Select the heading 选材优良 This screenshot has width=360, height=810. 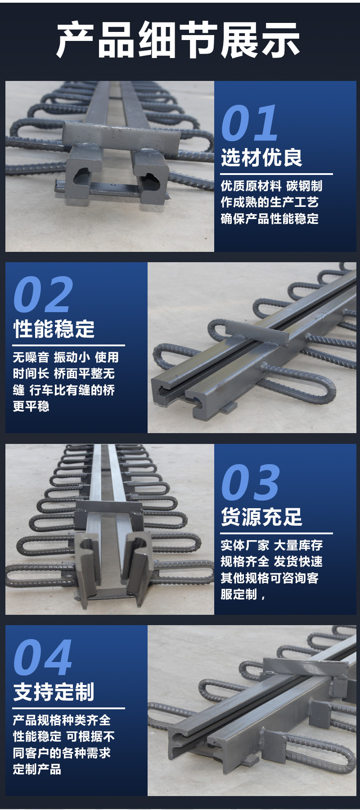tap(261, 157)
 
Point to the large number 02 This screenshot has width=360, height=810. tap(43, 295)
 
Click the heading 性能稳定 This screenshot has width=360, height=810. tap(54, 329)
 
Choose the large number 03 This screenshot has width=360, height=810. tap(251, 482)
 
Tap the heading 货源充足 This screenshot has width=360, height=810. tap(261, 517)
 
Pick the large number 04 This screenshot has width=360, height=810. tap(43, 658)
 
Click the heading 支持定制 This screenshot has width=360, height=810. tap(54, 692)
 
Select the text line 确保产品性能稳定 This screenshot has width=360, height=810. tap(270, 219)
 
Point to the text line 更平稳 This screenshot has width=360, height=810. tap(31, 407)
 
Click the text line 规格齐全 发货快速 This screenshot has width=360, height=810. tap(271, 562)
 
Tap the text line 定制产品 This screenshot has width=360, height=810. tap(37, 770)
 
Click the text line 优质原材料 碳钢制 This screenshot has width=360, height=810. tap(271, 186)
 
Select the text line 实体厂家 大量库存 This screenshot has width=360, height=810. tap(271, 546)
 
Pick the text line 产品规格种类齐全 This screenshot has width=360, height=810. tap(62, 720)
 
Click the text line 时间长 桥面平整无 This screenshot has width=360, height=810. tap(64, 374)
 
